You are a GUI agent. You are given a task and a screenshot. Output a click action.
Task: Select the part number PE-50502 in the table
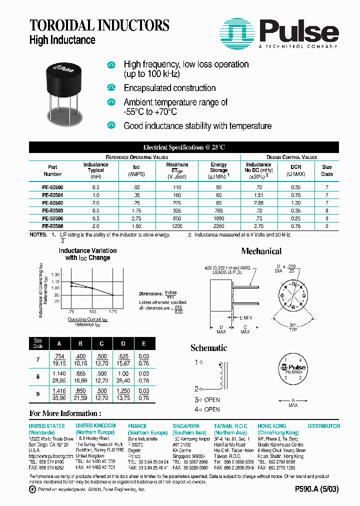coord(52,202)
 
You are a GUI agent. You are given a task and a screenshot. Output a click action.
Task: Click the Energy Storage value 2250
coord(218,225)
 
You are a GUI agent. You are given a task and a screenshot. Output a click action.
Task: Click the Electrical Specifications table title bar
coord(183,147)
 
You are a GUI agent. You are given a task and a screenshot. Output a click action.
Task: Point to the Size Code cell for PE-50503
coord(326,210)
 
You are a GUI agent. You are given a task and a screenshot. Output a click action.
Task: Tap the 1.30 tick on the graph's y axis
coord(55,275)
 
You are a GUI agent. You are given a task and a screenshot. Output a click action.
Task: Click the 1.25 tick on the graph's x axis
coord(112,311)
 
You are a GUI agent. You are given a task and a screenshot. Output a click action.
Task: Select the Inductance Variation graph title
coord(87,254)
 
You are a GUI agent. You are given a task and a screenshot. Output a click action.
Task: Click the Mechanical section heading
coord(261,251)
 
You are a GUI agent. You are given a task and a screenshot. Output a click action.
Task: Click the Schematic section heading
coord(208,348)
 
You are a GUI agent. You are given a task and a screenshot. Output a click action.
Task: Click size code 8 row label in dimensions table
coord(38,377)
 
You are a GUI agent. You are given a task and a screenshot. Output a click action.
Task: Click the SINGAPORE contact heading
coord(186,426)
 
